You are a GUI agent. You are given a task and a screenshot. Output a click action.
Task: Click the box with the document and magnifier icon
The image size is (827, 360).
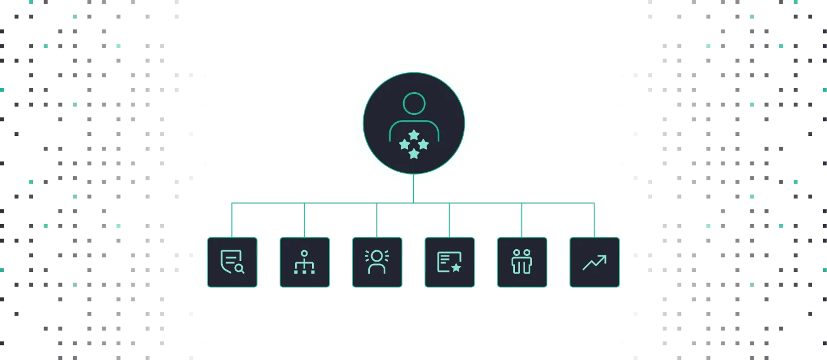pos(232,262)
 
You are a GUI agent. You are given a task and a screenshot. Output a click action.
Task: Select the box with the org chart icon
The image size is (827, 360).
pos(304,262)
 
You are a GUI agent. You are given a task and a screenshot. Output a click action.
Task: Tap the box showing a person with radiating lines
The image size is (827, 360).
pos(377,262)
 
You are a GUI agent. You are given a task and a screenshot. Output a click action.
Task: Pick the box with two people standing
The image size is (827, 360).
pos(522,262)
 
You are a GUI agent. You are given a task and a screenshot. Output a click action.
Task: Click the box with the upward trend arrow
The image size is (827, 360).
pos(595,262)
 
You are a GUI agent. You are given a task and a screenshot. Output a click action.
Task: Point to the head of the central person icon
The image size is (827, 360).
pos(414,104)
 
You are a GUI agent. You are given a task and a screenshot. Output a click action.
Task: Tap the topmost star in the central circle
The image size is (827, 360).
pos(414,134)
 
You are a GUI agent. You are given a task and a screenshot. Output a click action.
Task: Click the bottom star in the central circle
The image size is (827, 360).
pos(414,154)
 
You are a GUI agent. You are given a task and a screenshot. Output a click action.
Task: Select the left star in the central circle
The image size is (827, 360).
pos(404,144)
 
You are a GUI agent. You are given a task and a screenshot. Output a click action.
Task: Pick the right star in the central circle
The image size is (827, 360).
pos(423,144)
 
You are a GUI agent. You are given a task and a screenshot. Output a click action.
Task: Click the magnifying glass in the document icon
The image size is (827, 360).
pos(239,268)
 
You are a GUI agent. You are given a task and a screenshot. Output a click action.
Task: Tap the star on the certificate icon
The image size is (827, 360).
pos(456,267)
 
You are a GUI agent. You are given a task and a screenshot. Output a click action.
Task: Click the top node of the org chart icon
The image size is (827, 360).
pos(304,253)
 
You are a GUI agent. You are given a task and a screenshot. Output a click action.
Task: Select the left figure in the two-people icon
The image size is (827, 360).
pos(517,262)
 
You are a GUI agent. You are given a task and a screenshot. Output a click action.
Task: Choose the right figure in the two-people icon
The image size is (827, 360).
pos(527,262)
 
